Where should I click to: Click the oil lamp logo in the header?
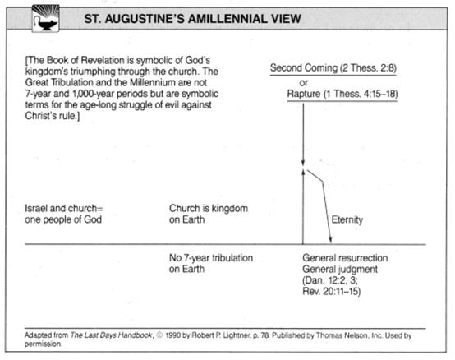(45, 18)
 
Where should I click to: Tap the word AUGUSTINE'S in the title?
(145, 19)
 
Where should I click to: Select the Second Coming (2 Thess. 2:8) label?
(333, 68)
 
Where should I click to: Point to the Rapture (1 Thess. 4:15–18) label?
(342, 94)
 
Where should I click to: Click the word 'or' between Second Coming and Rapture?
(303, 83)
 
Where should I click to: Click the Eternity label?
(347, 219)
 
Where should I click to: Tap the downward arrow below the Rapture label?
(303, 134)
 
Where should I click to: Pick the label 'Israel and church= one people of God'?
(63, 214)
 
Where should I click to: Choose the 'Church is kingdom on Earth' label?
(209, 214)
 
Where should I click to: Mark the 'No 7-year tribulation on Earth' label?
(211, 263)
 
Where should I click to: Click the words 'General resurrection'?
(345, 258)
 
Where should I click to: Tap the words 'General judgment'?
(340, 269)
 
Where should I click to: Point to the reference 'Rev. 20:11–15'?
(331, 291)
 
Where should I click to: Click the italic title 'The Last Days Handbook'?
(111, 335)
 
